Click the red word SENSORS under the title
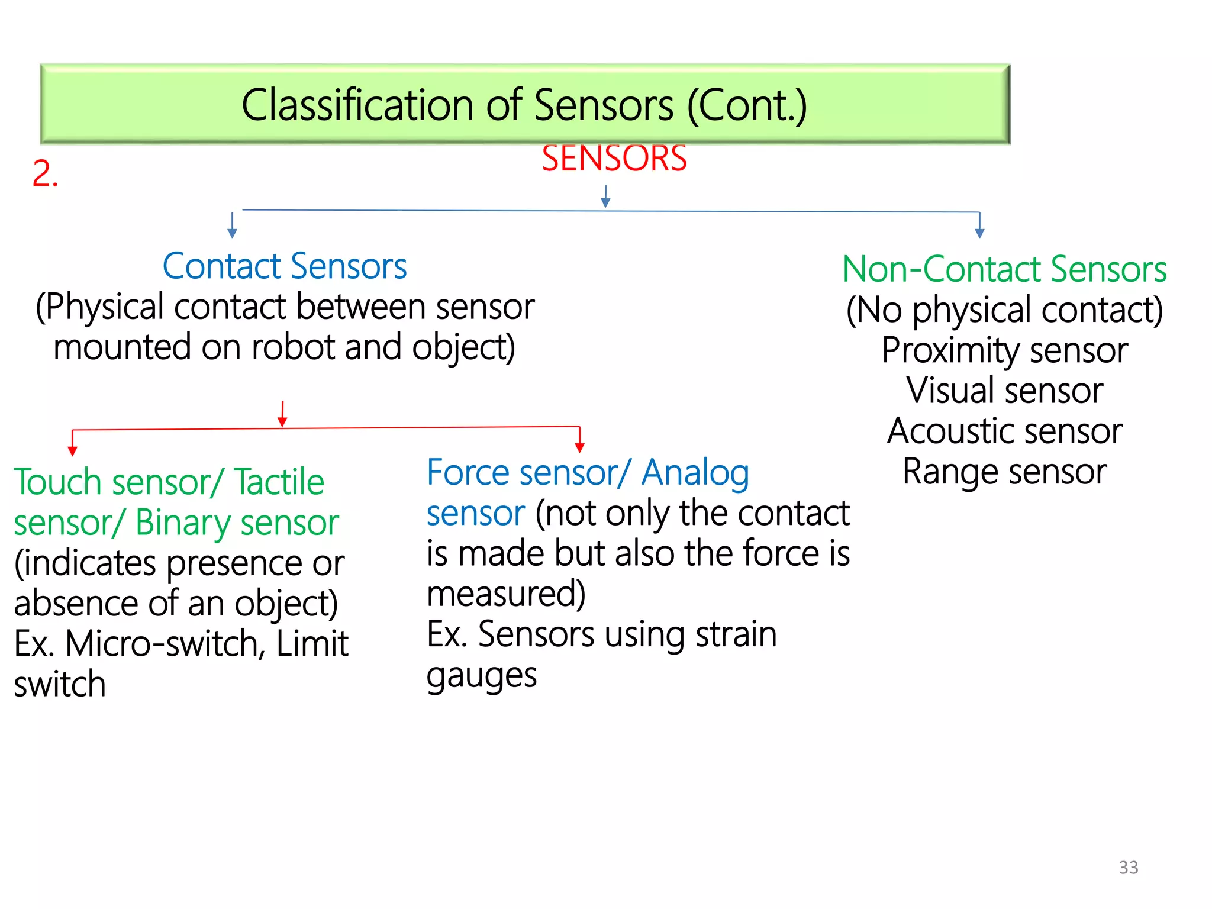(x=614, y=159)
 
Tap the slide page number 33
(x=1128, y=867)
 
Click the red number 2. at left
(x=45, y=175)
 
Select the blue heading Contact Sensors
(x=285, y=266)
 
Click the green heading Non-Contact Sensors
(x=1004, y=269)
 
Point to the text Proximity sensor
(x=1004, y=350)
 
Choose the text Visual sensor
(x=1004, y=391)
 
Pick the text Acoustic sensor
(x=1004, y=431)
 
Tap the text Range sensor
(x=1004, y=472)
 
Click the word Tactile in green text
(x=279, y=482)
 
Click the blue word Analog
(x=695, y=473)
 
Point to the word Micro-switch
(x=160, y=644)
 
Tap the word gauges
(x=482, y=675)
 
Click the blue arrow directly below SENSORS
(x=605, y=197)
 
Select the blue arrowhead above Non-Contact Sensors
(x=979, y=233)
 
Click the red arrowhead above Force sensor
(x=580, y=447)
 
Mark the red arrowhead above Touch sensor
(x=73, y=451)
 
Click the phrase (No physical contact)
(x=1004, y=310)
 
